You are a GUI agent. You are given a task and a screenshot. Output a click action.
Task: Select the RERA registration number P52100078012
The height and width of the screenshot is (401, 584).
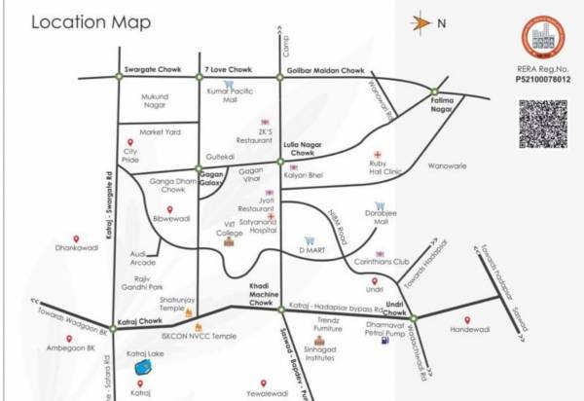pos(541,80)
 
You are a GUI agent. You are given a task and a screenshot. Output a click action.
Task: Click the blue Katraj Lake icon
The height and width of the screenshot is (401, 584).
pos(144,369)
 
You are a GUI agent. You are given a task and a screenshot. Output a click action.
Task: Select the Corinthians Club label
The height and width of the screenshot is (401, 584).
pos(380,262)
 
